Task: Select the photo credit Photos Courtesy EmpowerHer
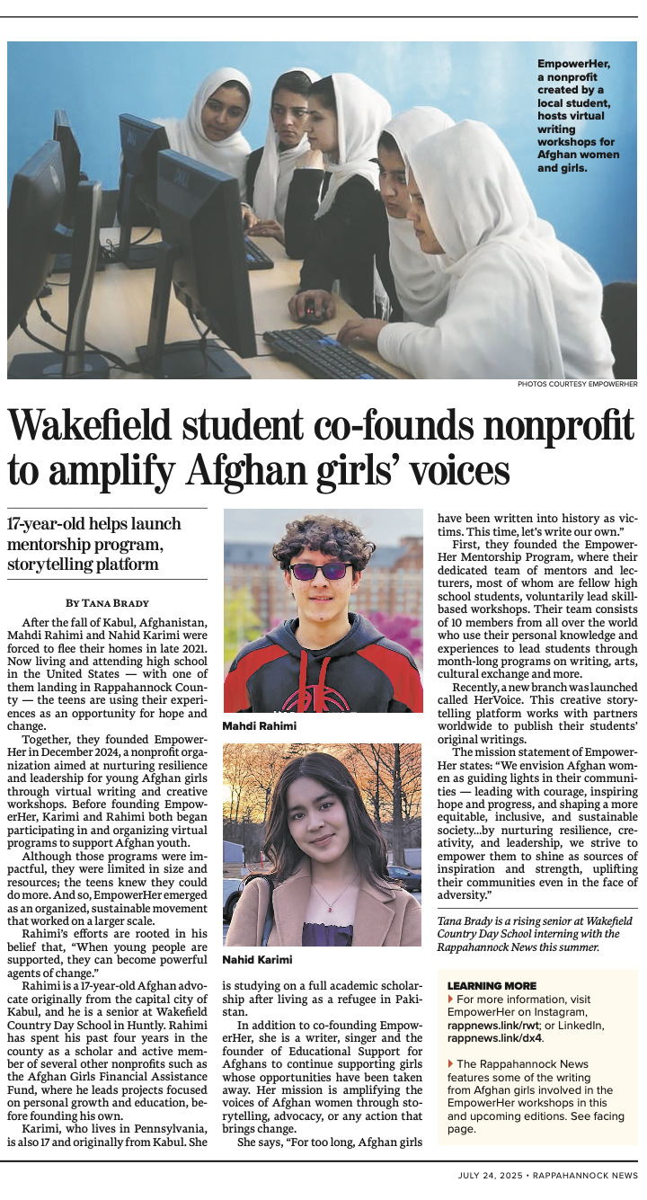tap(577, 385)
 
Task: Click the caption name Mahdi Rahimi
tap(258, 725)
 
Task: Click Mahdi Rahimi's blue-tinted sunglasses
tap(321, 570)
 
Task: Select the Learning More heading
tap(491, 986)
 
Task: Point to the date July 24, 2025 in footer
tap(491, 1175)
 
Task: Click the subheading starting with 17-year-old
tap(94, 544)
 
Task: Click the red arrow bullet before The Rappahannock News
tap(450, 1064)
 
